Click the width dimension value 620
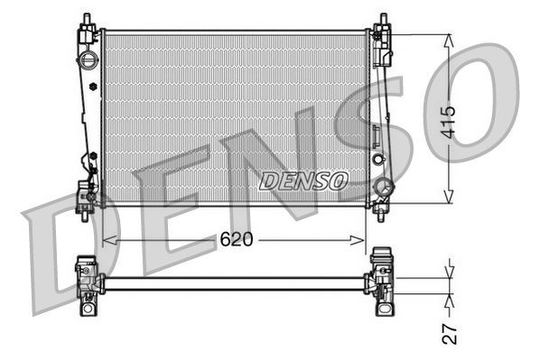pos(236,240)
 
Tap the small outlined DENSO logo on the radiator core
pos(303,181)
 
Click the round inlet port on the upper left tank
pos(88,60)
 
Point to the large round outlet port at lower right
pos(384,189)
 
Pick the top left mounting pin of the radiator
pos(88,20)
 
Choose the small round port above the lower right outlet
pos(378,160)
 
